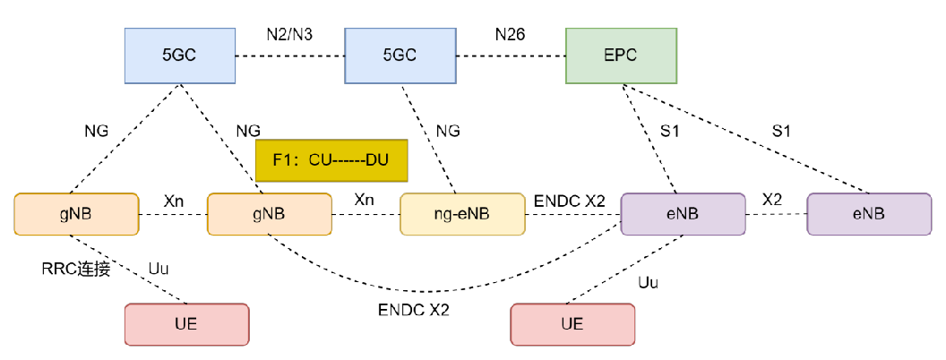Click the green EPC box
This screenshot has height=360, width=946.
(x=621, y=56)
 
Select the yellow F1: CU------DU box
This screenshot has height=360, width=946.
(x=331, y=161)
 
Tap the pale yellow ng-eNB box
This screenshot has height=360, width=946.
(x=462, y=214)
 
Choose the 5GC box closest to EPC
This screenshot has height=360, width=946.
(x=400, y=56)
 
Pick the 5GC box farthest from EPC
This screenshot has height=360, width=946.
(x=179, y=56)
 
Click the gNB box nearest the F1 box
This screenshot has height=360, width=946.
(x=269, y=214)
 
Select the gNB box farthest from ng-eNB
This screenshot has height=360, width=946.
(x=76, y=214)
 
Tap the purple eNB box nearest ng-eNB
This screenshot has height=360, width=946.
(x=683, y=214)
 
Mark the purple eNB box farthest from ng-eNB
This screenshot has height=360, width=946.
(x=869, y=214)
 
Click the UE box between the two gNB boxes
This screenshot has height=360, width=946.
(x=186, y=324)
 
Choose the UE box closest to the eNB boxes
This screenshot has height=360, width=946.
(x=572, y=324)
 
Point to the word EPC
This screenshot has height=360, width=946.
(x=621, y=56)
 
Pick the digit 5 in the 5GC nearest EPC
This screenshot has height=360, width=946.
(x=387, y=56)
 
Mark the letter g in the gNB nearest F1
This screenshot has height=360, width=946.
(x=257, y=216)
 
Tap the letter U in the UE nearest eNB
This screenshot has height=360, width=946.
(x=567, y=324)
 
